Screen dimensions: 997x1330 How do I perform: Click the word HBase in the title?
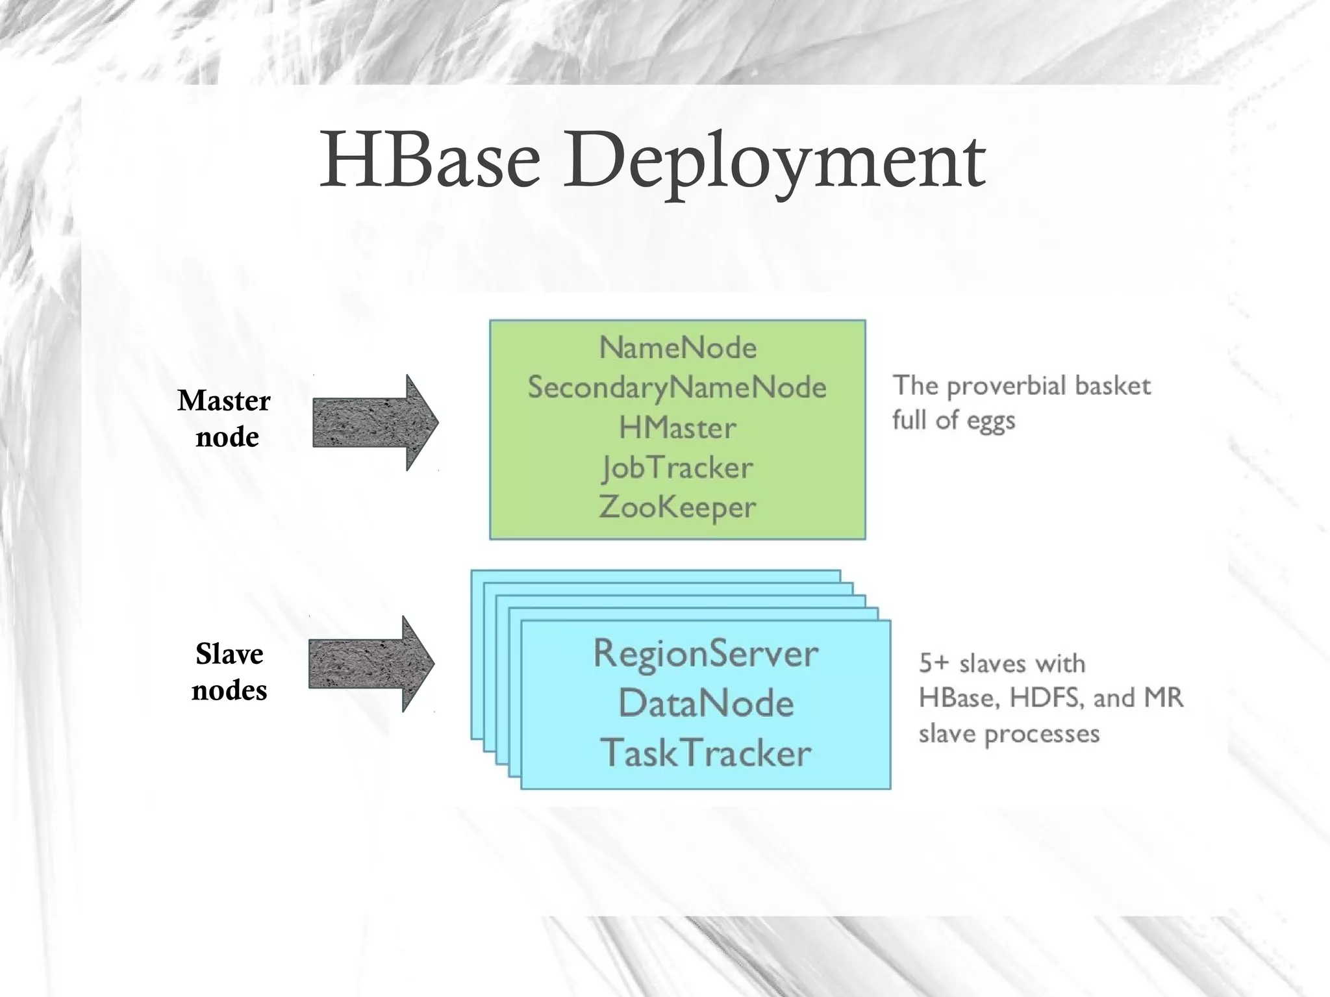tap(430, 160)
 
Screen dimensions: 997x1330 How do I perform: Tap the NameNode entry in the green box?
tap(677, 347)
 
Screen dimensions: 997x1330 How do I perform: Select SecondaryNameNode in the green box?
tap(677, 388)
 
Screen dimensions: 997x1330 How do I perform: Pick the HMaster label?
tap(677, 428)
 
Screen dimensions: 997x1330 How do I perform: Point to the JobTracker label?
tap(677, 468)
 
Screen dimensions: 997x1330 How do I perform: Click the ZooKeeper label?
tap(677, 507)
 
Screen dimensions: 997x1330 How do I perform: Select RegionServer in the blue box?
tap(706, 653)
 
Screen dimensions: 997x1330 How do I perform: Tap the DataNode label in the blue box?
tap(706, 703)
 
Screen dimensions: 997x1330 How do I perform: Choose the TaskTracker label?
tap(706, 753)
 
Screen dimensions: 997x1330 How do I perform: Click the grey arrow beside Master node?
tap(375, 423)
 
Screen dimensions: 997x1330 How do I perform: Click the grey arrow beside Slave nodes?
tap(371, 664)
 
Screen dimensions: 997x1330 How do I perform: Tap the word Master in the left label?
tap(224, 401)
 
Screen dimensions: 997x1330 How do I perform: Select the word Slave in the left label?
tap(229, 654)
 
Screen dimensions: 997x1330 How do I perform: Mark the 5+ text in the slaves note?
tap(934, 663)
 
